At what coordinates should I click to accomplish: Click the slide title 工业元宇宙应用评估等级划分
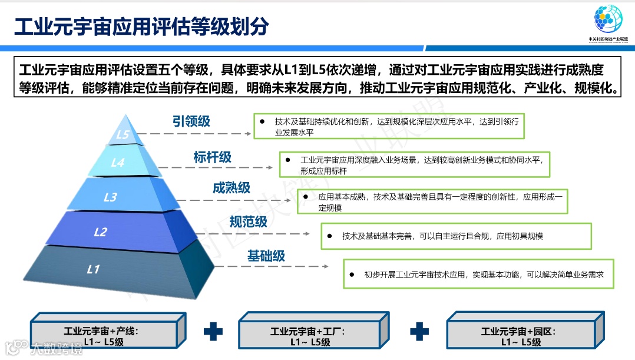(141, 26)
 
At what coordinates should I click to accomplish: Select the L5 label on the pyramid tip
(123, 134)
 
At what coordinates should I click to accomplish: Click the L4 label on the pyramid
(118, 162)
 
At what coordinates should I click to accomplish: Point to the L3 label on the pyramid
(110, 197)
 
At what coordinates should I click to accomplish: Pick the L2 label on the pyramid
(100, 232)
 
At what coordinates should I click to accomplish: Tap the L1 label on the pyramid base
(93, 269)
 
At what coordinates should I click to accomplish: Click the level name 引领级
(191, 121)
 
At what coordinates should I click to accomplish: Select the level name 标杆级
(212, 157)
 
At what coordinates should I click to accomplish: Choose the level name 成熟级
(231, 187)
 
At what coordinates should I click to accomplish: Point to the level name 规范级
(248, 222)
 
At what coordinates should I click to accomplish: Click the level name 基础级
(266, 255)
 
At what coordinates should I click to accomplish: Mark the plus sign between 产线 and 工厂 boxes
(213, 332)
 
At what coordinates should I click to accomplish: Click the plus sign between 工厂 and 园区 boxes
(419, 332)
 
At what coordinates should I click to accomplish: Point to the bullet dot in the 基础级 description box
(352, 274)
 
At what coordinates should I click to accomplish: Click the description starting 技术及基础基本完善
(442, 236)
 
